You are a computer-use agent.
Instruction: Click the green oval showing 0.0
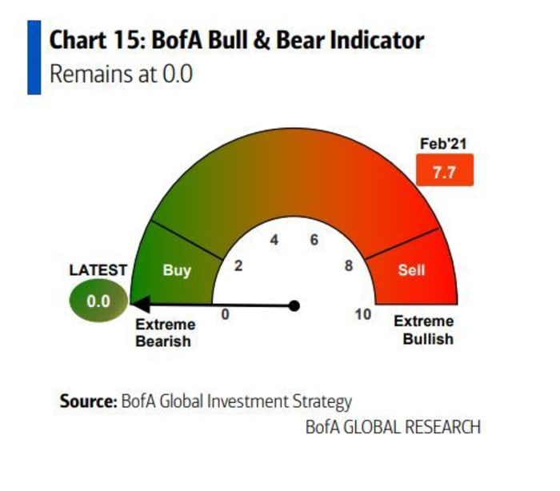click(x=98, y=301)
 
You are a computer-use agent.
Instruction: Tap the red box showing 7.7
click(x=445, y=170)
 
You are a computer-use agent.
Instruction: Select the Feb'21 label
click(x=443, y=144)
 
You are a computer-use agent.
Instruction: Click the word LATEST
click(x=98, y=270)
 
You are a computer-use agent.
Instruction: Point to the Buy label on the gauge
click(x=177, y=270)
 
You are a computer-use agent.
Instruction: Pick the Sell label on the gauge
click(x=411, y=270)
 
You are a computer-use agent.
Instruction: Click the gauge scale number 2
click(x=238, y=265)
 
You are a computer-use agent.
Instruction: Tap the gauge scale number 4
click(x=274, y=240)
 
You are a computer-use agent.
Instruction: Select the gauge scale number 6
click(x=314, y=240)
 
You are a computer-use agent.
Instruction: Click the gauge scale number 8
click(x=349, y=265)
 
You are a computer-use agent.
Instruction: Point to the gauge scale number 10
click(x=363, y=314)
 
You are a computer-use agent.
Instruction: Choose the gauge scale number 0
click(x=225, y=314)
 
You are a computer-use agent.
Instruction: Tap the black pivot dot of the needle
click(x=294, y=305)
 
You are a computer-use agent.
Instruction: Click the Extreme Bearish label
click(x=165, y=333)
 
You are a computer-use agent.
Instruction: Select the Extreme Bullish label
click(x=424, y=330)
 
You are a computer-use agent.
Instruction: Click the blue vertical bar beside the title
click(x=34, y=58)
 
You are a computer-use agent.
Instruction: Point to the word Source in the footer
click(x=88, y=401)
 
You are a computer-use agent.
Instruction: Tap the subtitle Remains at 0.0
click(x=121, y=74)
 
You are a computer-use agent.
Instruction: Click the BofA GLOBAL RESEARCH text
click(x=393, y=427)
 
